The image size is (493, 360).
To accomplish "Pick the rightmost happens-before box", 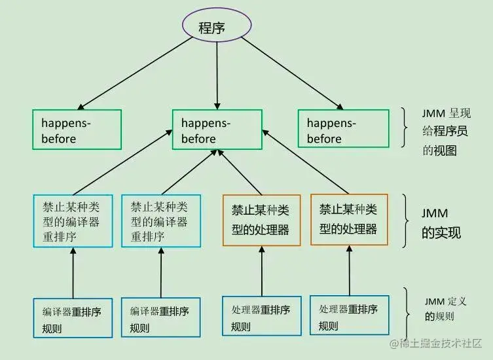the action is pos(342,129).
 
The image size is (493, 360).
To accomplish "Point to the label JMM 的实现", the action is pos(440,223).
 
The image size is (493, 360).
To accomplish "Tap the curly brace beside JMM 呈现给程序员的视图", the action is pos(405,130).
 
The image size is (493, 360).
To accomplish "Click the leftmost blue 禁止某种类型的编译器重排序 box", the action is pos(73,221).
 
